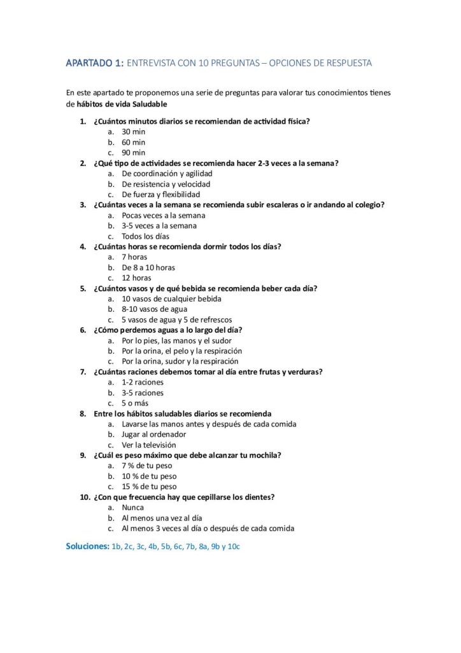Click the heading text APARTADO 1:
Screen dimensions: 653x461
point(95,63)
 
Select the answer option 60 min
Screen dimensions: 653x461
point(134,142)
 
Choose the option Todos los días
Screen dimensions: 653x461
point(146,236)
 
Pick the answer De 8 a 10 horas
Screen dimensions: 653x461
point(148,267)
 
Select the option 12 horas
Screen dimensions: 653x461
point(136,278)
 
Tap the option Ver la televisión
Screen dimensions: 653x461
point(149,445)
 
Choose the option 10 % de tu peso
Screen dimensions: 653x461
point(149,476)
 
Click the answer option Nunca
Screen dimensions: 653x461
point(132,508)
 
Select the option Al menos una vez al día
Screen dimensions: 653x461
point(162,518)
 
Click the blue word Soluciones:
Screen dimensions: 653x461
point(87,547)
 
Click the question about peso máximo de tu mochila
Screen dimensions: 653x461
point(187,455)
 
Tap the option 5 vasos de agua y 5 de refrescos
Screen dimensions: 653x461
point(177,319)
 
